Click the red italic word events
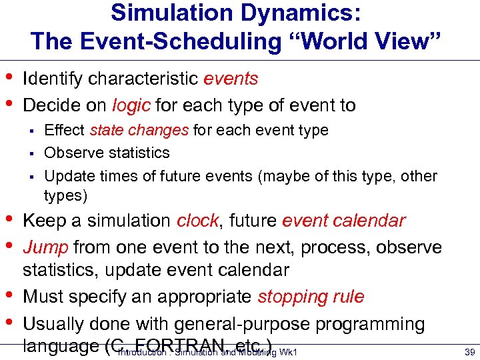click(231, 79)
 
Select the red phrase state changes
click(139, 130)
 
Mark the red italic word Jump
click(45, 247)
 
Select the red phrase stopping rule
click(311, 297)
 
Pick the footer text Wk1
click(289, 352)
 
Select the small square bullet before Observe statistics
click(31, 153)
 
